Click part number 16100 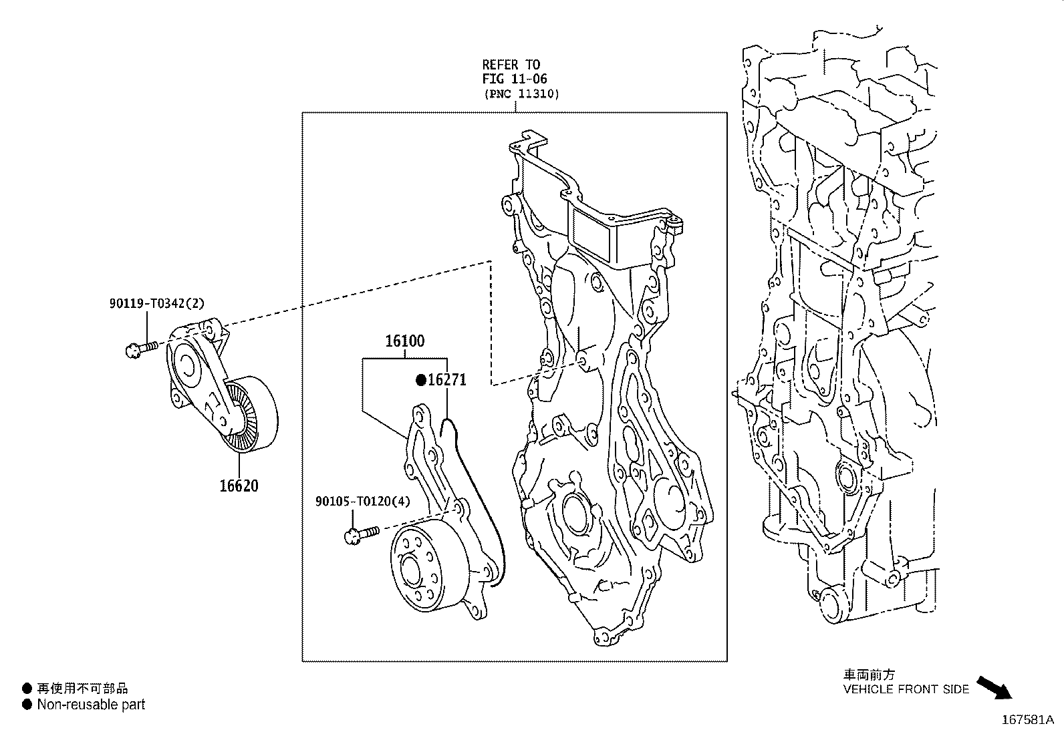point(404,341)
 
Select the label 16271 point(446,380)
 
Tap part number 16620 point(239,486)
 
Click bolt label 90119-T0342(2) point(157,303)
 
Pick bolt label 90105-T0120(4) point(363,501)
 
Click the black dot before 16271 point(421,380)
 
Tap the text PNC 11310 point(521,94)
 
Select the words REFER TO point(511,64)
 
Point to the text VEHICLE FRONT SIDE point(906,689)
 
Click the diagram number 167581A point(1027,720)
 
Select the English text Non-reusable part point(91,704)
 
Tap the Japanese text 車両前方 point(868,675)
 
